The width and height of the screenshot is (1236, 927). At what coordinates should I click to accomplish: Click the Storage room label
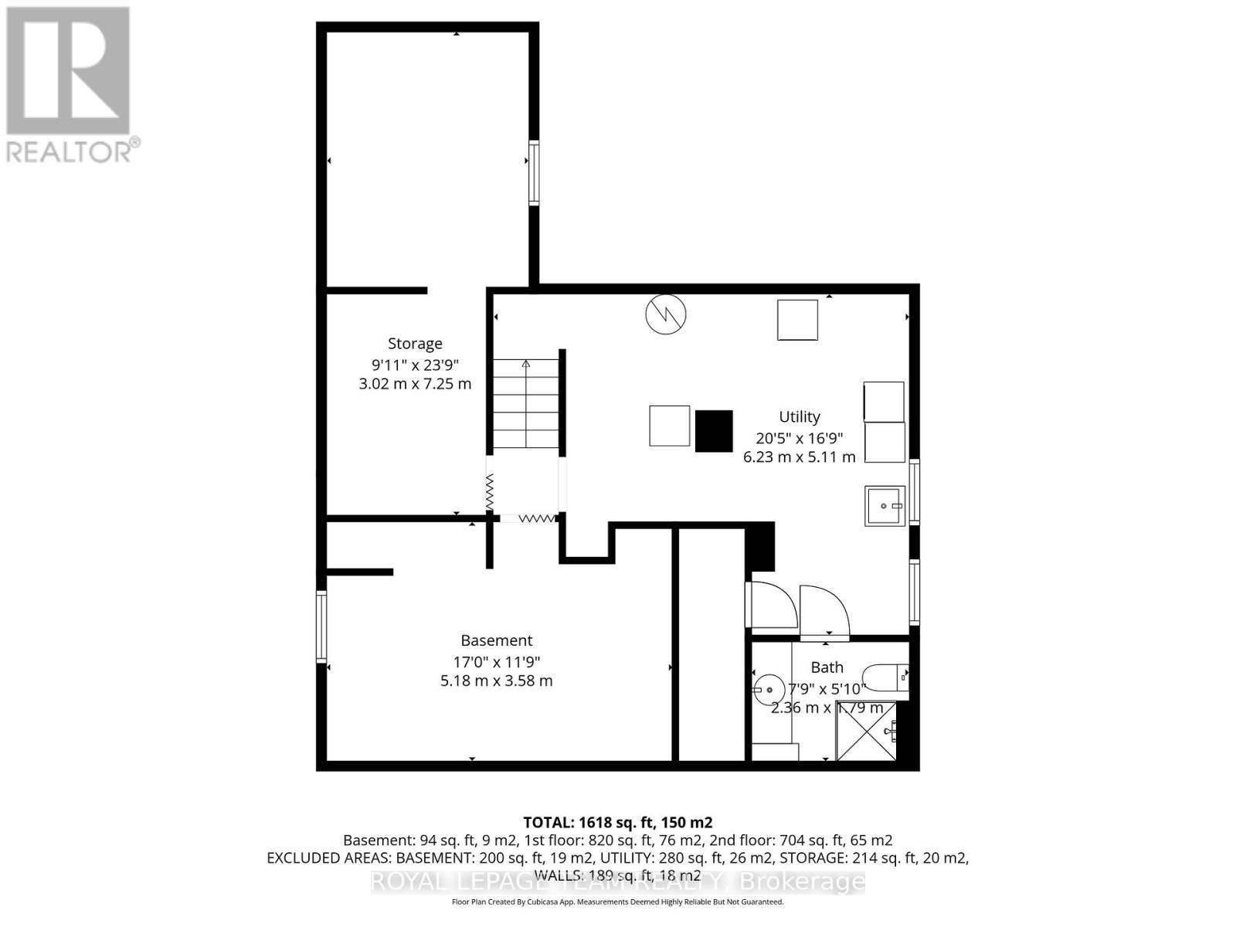tap(415, 344)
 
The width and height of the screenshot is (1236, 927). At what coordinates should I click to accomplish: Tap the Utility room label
tap(799, 417)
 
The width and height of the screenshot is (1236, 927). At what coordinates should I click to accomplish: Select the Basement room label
tap(496, 640)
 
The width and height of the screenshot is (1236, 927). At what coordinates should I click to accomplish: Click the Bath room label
tap(827, 667)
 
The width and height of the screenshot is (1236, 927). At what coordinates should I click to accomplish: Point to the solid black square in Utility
tap(714, 431)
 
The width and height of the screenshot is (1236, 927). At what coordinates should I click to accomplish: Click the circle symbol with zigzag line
tap(666, 314)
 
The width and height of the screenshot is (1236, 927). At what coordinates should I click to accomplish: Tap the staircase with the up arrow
tap(526, 403)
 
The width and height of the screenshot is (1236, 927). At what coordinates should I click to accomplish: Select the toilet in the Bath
tap(885, 678)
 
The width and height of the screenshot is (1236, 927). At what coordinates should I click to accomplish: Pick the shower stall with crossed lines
tap(867, 730)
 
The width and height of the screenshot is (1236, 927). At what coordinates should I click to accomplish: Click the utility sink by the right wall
tap(885, 506)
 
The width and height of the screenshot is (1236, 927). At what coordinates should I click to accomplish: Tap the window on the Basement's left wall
tap(321, 626)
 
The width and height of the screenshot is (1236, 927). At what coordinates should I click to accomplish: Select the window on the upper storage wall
tap(534, 172)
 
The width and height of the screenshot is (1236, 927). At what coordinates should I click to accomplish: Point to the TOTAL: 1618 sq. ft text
tap(617, 823)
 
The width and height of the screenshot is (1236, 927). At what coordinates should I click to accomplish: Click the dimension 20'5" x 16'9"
tap(799, 437)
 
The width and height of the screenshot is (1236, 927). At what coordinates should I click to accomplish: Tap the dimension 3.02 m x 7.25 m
tap(415, 384)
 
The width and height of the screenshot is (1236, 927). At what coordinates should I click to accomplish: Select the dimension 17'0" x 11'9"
tap(496, 661)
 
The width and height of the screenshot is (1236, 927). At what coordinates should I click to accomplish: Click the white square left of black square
tap(669, 426)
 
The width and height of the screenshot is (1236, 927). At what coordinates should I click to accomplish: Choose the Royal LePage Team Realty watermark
tap(617, 881)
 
